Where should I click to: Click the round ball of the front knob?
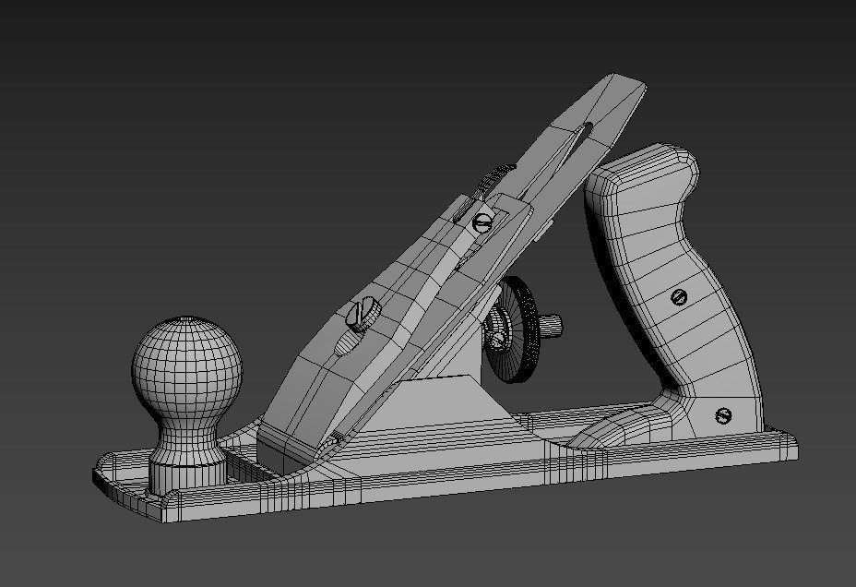pyautogui.click(x=186, y=367)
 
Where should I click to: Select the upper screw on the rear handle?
pyautogui.click(x=680, y=296)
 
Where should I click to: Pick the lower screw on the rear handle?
pyautogui.click(x=723, y=415)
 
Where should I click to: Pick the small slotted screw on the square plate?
pyautogui.click(x=481, y=222)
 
